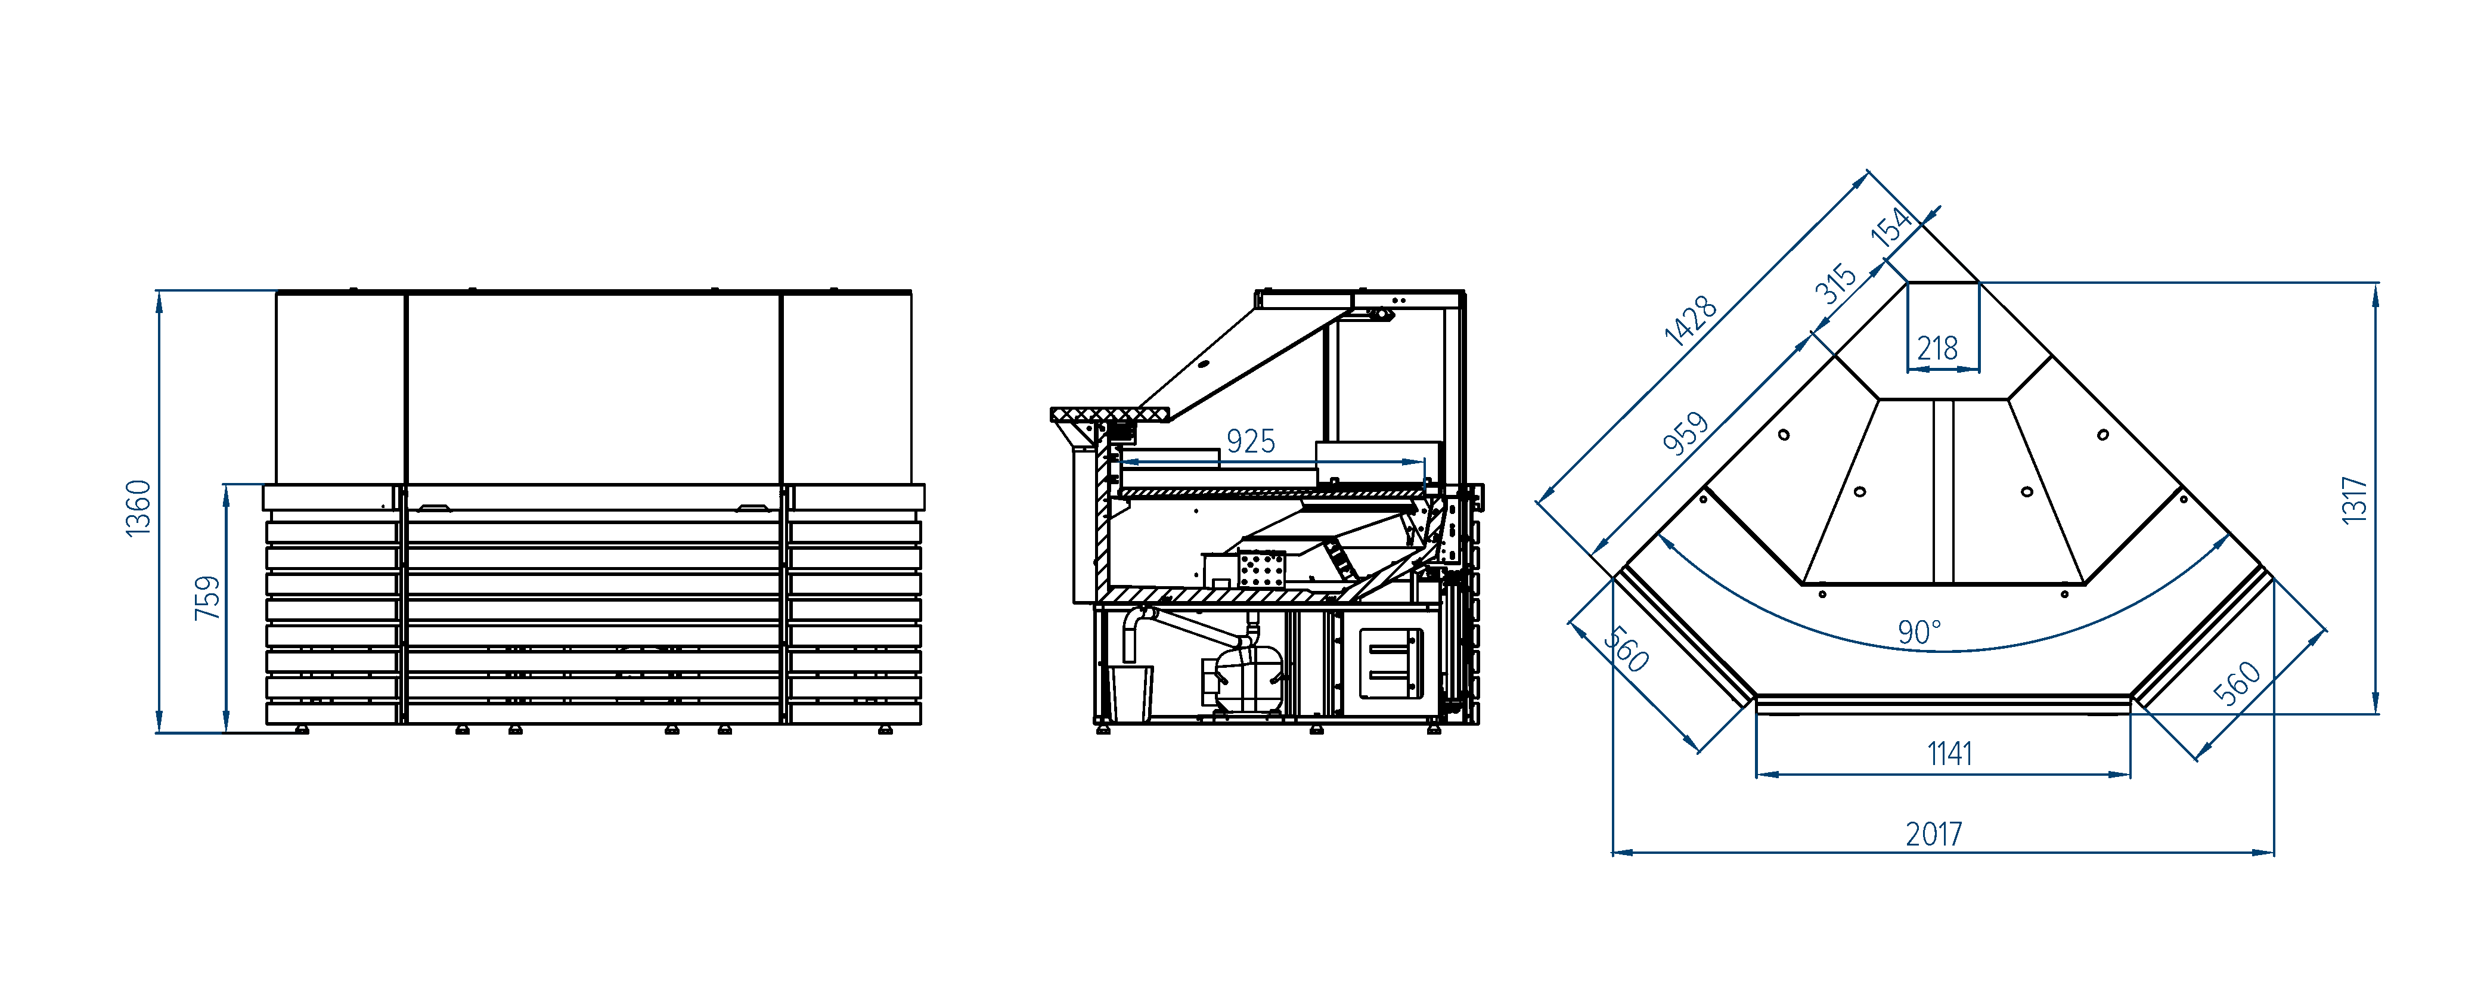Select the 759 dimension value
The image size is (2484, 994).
[x=207, y=597]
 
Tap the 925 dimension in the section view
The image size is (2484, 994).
[x=1251, y=442]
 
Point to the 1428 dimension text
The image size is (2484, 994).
[x=1691, y=320]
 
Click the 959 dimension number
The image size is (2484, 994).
[x=1686, y=433]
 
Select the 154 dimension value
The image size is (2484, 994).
[x=1891, y=227]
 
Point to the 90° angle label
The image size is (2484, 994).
[x=1919, y=633]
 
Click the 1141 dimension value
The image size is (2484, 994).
[x=1950, y=753]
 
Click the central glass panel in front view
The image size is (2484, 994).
[x=593, y=389]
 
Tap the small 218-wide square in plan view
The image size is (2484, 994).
[x=1943, y=326]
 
